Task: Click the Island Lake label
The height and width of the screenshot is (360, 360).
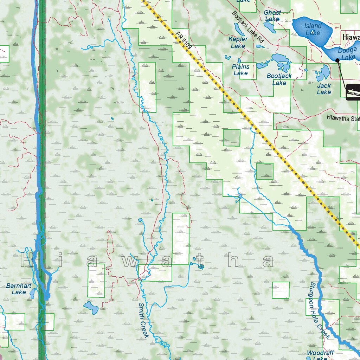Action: pyautogui.click(x=313, y=29)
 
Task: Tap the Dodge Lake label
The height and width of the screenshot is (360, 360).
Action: pyautogui.click(x=347, y=54)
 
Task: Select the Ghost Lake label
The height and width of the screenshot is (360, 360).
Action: pyautogui.click(x=272, y=16)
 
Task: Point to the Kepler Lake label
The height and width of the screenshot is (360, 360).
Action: pyautogui.click(x=238, y=43)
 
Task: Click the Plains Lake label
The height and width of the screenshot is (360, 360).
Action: pyautogui.click(x=240, y=70)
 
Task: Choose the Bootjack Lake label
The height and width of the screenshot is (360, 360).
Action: pyautogui.click(x=279, y=79)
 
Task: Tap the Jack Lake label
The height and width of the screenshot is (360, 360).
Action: pyautogui.click(x=324, y=89)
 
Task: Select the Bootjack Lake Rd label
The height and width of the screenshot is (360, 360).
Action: pyautogui.click(x=247, y=27)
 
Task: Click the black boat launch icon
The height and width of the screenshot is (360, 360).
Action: pyautogui.click(x=353, y=92)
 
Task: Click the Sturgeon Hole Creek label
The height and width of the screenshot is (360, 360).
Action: pyautogui.click(x=320, y=310)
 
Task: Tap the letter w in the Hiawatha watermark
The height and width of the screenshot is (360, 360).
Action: pyautogui.click(x=131, y=261)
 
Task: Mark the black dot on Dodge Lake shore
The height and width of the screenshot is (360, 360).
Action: pyautogui.click(x=337, y=60)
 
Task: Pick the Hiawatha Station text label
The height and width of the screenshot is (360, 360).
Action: pyautogui.click(x=343, y=118)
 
